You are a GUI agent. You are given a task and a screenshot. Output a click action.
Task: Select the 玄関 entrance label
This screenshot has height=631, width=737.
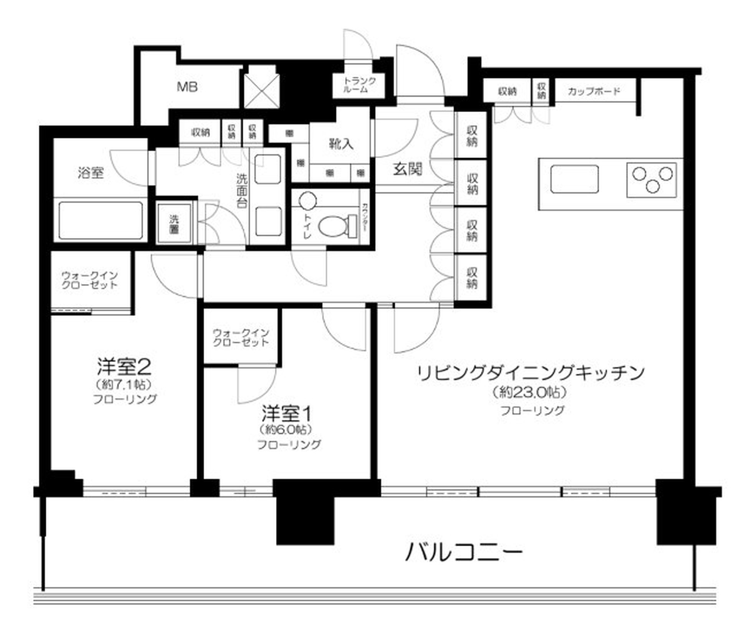point(407,169)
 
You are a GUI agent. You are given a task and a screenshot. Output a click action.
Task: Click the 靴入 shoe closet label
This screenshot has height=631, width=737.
point(341,144)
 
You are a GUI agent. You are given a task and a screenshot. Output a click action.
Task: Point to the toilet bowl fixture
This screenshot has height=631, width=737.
point(334,226)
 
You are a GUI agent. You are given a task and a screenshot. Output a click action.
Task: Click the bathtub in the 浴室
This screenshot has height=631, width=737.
point(101,220)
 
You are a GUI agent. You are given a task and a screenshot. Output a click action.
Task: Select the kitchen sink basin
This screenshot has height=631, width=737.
point(574,179)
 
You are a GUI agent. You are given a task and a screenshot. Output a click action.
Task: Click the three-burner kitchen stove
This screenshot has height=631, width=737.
point(652,179)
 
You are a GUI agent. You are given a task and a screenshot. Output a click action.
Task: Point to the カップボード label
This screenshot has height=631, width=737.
point(594,91)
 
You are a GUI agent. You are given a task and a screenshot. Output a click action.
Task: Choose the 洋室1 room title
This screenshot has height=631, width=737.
point(286,414)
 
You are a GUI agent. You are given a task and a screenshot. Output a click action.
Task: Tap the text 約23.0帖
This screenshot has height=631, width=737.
point(530,392)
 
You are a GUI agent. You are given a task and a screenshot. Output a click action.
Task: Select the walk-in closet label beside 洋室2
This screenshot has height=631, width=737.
point(89,281)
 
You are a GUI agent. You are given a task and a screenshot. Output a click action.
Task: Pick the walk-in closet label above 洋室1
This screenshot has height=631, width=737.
point(241,337)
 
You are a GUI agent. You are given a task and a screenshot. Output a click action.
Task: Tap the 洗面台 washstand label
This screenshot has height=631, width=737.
point(242,191)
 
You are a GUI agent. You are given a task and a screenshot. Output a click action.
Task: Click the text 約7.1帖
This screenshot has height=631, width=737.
point(124,384)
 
